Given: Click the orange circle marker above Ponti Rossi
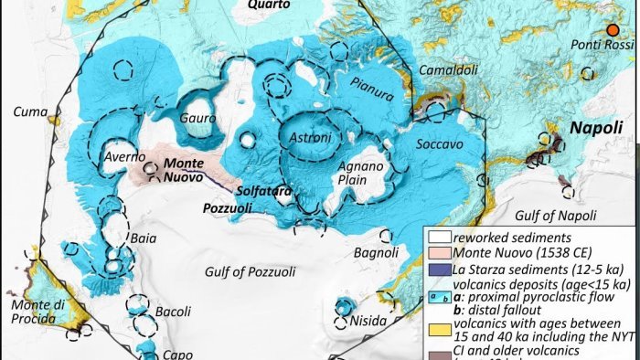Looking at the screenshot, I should [x=613, y=31].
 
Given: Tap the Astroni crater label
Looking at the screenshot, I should [x=310, y=137].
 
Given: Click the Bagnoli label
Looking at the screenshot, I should [x=375, y=252].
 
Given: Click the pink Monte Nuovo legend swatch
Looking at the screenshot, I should [x=440, y=251].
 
